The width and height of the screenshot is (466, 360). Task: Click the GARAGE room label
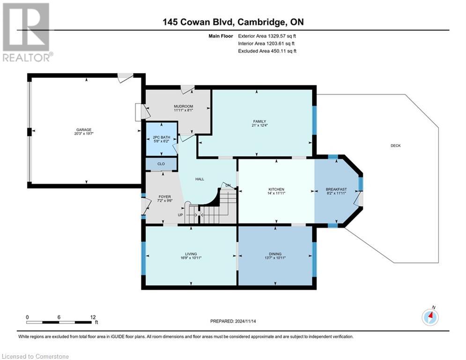pyautogui.click(x=84, y=130)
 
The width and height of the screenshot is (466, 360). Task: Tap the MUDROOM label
pyautogui.click(x=184, y=106)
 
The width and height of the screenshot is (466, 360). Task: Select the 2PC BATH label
pyautogui.click(x=162, y=137)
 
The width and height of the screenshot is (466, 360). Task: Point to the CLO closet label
pyautogui.click(x=161, y=164)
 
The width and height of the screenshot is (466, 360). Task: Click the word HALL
pyautogui.click(x=200, y=179)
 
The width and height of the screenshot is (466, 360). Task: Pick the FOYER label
pyautogui.click(x=165, y=197)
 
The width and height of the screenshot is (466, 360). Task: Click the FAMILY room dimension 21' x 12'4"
pyautogui.click(x=259, y=126)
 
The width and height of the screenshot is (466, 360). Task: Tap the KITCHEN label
pyautogui.click(x=276, y=189)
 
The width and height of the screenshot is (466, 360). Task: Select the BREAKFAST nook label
pyautogui.click(x=336, y=189)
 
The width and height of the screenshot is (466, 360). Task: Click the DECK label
pyautogui.click(x=396, y=145)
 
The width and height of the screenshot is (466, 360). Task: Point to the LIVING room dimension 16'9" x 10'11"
pyautogui.click(x=191, y=258)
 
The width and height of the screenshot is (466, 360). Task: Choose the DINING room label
pyautogui.click(x=275, y=254)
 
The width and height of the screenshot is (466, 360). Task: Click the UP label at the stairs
pyautogui.click(x=180, y=215)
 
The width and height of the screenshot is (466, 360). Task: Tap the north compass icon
pyautogui.click(x=430, y=317)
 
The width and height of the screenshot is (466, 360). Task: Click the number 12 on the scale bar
pyautogui.click(x=93, y=317)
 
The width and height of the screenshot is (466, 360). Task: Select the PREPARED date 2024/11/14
pyautogui.click(x=245, y=321)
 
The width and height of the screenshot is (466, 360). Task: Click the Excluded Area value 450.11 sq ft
pyautogui.click(x=283, y=51)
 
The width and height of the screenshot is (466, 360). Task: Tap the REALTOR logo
pyautogui.click(x=27, y=32)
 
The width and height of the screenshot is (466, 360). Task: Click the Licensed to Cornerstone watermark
pyautogui.click(x=36, y=356)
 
